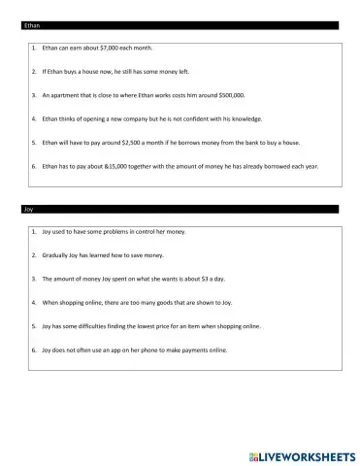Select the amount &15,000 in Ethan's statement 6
coord(104,166)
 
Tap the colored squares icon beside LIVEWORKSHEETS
coord(256,451)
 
